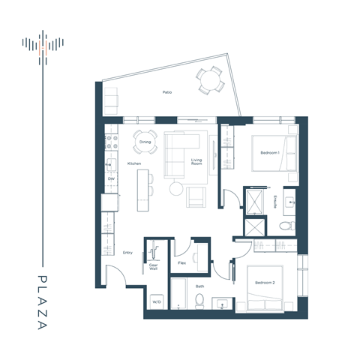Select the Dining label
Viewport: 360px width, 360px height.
click(x=145, y=141)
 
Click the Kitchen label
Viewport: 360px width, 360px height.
click(x=134, y=163)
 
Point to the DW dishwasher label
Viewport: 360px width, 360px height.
click(x=111, y=179)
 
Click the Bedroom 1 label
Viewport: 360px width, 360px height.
click(x=270, y=152)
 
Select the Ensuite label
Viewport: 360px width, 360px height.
click(x=277, y=201)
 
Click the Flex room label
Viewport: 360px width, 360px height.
click(x=181, y=263)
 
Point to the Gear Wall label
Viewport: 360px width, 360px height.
click(x=153, y=267)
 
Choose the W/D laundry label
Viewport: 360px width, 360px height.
click(x=157, y=303)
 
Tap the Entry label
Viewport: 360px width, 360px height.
click(x=127, y=252)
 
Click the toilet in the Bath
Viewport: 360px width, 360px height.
click(x=199, y=301)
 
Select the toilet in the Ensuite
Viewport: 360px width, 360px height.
click(x=285, y=226)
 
